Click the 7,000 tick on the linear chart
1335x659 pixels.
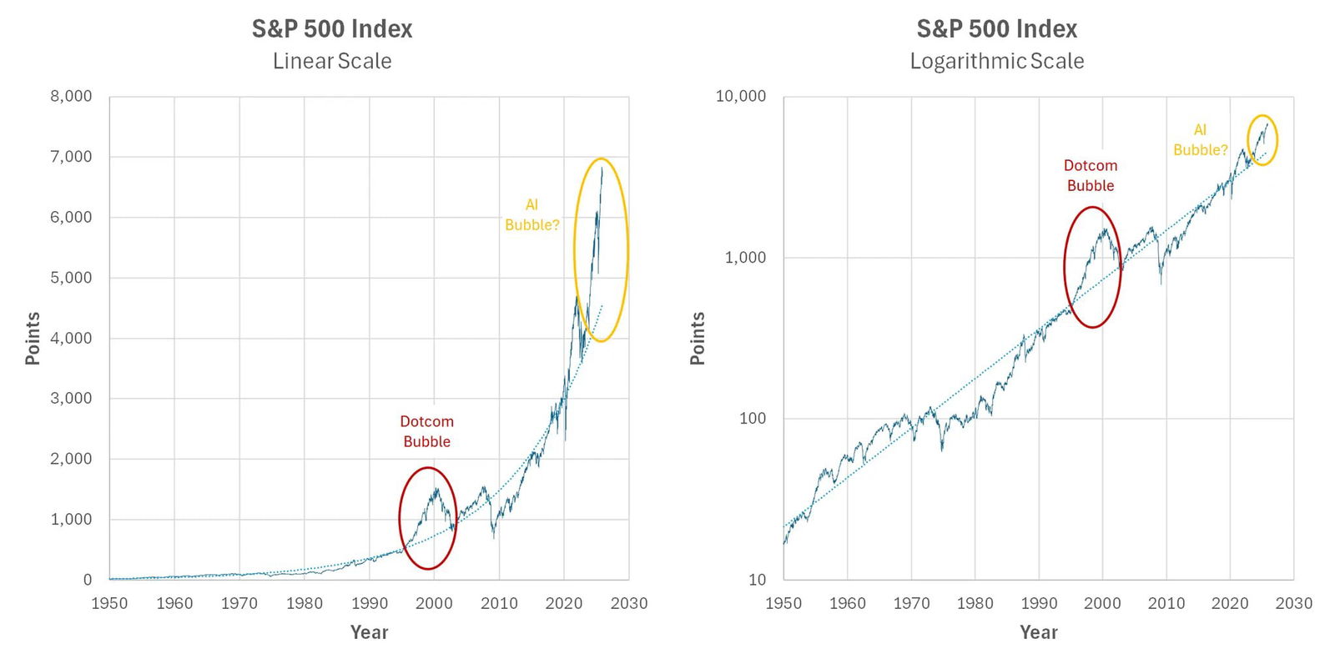coord(71,157)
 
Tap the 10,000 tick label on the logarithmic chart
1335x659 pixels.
coord(740,96)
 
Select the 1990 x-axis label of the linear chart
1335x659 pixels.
coord(369,603)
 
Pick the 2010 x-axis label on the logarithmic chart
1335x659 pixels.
coord(1166,603)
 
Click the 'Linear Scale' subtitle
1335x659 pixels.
coord(332,61)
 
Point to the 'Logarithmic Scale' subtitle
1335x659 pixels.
coord(996,61)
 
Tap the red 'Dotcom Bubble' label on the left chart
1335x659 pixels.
coord(426,431)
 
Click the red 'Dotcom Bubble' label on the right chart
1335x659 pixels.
coord(1090,175)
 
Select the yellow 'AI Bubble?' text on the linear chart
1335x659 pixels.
coord(531,214)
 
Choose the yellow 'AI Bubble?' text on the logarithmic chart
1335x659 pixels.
coord(1200,140)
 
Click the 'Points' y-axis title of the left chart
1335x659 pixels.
coord(33,338)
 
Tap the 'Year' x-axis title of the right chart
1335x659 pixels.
coord(1038,632)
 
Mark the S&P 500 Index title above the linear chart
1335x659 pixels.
coord(332,29)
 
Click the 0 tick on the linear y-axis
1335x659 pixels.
coord(88,580)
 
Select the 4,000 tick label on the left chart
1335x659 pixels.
coord(71,338)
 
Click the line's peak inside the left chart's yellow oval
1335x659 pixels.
coord(602,169)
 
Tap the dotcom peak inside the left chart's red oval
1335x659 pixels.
coord(435,489)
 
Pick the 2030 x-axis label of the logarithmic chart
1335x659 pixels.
coord(1293,603)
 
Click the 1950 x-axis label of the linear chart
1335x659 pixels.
coord(109,603)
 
